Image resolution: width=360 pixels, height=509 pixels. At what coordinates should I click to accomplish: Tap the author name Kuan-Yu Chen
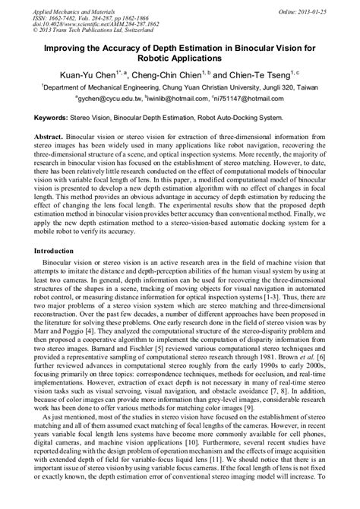tap(96, 76)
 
